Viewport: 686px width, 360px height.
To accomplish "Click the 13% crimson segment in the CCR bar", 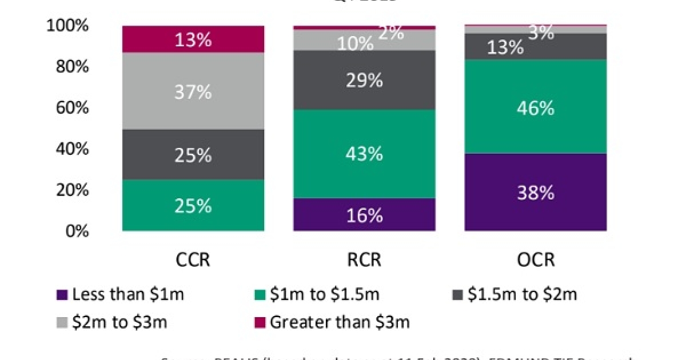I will click(x=193, y=39).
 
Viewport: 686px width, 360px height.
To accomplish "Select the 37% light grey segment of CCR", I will click(x=193, y=91).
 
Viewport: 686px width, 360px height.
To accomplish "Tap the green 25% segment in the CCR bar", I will click(x=193, y=206).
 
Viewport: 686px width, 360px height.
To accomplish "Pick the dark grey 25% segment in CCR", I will click(x=193, y=155).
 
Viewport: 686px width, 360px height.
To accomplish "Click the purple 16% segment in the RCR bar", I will click(x=364, y=215).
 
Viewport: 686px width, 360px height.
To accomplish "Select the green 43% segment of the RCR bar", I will click(x=364, y=154).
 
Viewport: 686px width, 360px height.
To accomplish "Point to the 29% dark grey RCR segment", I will click(x=364, y=81).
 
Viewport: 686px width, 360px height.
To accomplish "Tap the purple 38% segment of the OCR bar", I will click(x=536, y=193).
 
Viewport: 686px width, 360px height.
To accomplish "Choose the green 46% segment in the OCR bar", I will click(x=536, y=107).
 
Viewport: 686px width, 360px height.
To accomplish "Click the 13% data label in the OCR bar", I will click(x=505, y=47).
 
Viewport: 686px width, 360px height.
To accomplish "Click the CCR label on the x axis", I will click(x=193, y=259).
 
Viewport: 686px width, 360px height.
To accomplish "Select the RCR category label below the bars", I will click(x=364, y=259).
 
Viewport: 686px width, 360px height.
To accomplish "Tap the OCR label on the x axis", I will click(x=536, y=259).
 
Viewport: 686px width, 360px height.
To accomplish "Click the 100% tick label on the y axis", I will click(x=68, y=26).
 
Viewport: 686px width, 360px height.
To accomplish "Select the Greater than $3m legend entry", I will click(x=332, y=322).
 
